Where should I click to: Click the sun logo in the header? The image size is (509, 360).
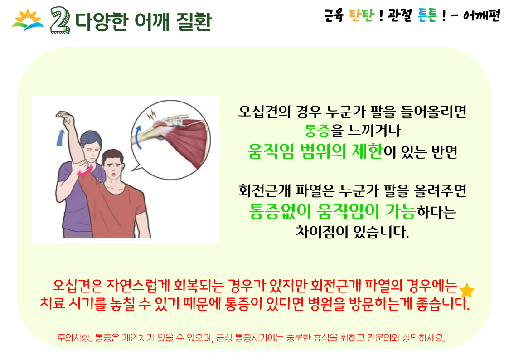pyautogui.click(x=28, y=20)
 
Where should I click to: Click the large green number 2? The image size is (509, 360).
pyautogui.click(x=60, y=21)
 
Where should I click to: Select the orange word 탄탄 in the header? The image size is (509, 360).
pyautogui.click(x=361, y=15)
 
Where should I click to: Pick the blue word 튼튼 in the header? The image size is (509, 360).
pyautogui.click(x=427, y=15)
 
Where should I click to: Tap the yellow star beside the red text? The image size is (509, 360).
pyautogui.click(x=467, y=290)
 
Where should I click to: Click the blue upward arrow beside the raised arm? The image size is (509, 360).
pyautogui.click(x=60, y=137)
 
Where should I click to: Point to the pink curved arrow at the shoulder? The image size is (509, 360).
pyautogui.click(x=85, y=171)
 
